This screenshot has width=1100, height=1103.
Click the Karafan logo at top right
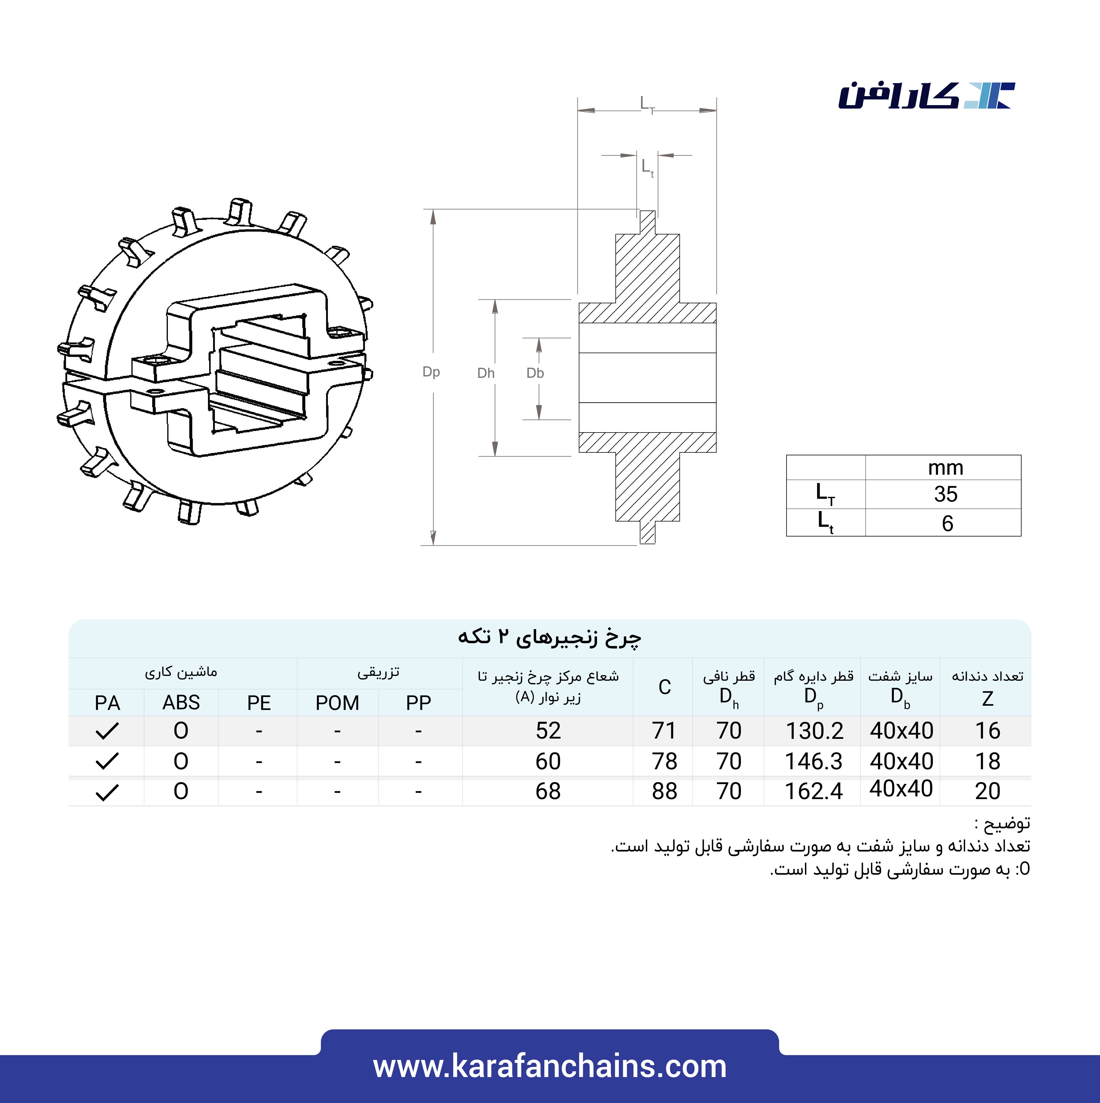926,96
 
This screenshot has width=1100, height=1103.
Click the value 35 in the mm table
945,494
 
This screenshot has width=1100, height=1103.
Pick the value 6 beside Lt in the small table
947,523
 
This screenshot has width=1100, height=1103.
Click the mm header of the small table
945,467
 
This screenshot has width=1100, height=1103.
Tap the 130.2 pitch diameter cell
814,731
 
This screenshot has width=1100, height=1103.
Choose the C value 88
664,791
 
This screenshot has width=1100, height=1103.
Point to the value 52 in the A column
548,731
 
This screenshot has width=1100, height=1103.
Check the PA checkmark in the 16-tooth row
107,731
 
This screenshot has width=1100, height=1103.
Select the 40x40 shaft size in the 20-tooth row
901,789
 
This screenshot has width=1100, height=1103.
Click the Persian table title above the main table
549,636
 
